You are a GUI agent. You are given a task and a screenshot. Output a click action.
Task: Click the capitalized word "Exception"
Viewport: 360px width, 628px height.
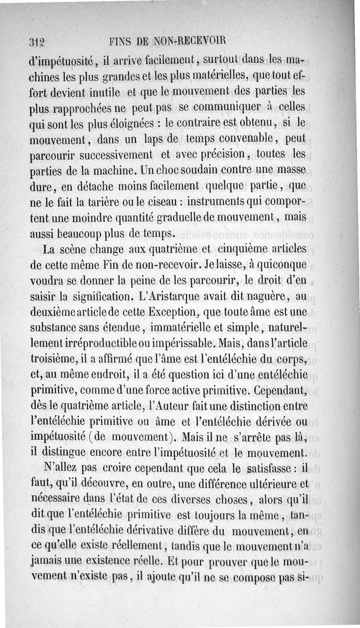coord(171,312)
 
